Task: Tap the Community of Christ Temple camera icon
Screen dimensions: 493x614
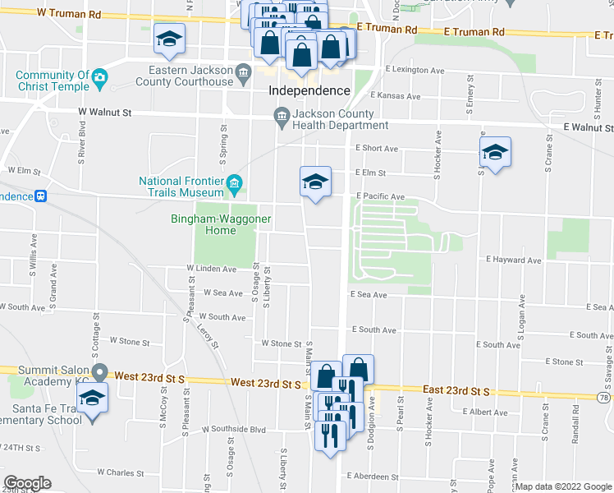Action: point(100,76)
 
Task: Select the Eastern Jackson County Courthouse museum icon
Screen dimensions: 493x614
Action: point(245,76)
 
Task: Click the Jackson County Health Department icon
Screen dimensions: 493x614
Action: point(282,116)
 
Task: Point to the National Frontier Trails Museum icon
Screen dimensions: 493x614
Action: point(235,182)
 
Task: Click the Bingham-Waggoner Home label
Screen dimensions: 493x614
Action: point(214,224)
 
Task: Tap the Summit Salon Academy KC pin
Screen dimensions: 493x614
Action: point(99,371)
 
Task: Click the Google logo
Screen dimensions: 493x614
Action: point(27,483)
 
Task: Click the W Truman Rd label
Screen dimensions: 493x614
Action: point(69,15)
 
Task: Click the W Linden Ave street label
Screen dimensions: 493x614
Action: point(211,269)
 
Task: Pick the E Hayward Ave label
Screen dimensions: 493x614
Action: point(513,260)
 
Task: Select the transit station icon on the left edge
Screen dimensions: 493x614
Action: point(39,196)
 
